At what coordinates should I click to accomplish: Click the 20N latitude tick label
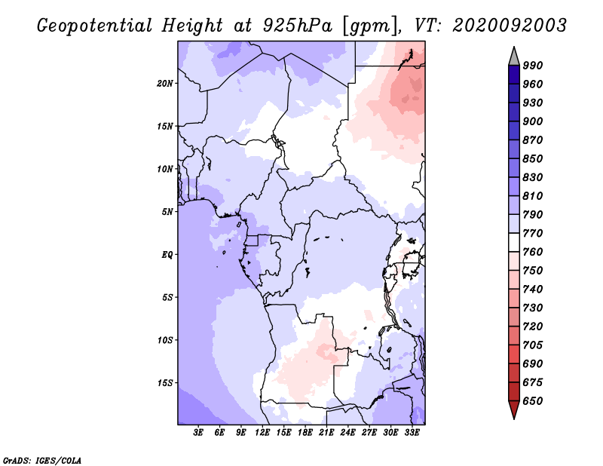pyautogui.click(x=164, y=84)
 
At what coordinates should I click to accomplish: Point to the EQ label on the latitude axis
pyautogui.click(x=167, y=255)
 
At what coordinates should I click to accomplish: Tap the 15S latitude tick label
pyautogui.click(x=165, y=383)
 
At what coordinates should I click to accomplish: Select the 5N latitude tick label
pyautogui.click(x=167, y=212)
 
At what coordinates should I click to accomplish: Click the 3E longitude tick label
pyautogui.click(x=198, y=433)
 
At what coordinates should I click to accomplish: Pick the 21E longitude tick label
pyautogui.click(x=326, y=433)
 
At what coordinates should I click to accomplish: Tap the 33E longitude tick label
pyautogui.click(x=412, y=433)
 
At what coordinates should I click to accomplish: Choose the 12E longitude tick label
pyautogui.click(x=262, y=433)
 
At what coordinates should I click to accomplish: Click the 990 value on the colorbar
pyautogui.click(x=533, y=66)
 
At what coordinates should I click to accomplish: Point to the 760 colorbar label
pyautogui.click(x=533, y=252)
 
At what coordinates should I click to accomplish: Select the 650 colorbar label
pyautogui.click(x=533, y=401)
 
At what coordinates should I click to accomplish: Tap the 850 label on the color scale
pyautogui.click(x=533, y=158)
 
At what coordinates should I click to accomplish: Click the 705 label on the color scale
pyautogui.click(x=533, y=345)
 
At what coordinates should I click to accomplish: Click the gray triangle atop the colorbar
pyautogui.click(x=514, y=57)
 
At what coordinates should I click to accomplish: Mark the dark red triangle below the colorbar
pyautogui.click(x=514, y=409)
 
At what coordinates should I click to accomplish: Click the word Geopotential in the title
pyautogui.click(x=95, y=26)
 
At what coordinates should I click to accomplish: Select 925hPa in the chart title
pyautogui.click(x=297, y=26)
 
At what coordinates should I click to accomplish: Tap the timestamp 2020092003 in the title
pyautogui.click(x=510, y=25)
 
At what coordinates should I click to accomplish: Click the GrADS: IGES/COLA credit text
pyautogui.click(x=42, y=461)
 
